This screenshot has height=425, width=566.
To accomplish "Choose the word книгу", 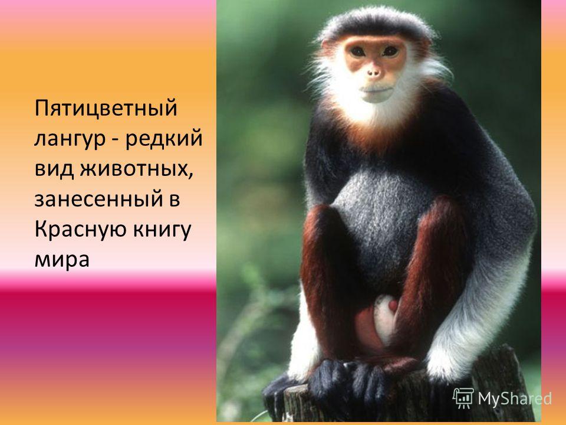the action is coord(162,231).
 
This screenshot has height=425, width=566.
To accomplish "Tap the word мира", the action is coord(62,261).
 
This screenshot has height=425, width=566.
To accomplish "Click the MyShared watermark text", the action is coord(515,398).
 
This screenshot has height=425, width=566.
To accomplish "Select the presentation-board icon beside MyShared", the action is coord(463,398).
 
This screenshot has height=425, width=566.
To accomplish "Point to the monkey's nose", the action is coord(374,73).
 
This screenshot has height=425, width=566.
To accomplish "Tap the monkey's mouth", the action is coord(376,89).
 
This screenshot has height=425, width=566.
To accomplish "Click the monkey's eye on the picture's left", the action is coord(358,52).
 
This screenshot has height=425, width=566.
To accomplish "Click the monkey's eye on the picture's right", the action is coord(390,51).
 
